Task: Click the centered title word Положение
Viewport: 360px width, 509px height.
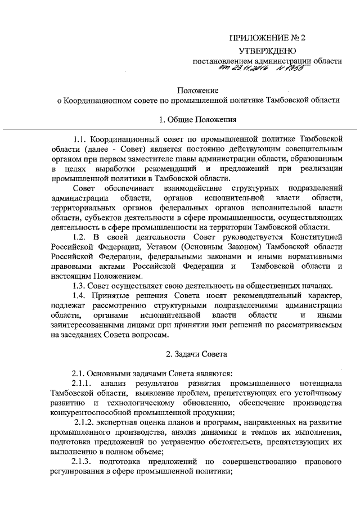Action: [x=197, y=89]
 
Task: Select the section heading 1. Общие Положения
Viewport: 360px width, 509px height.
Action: [x=197, y=119]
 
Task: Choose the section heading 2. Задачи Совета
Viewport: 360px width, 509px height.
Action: [x=197, y=355]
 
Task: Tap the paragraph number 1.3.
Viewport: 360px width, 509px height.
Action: [x=79, y=286]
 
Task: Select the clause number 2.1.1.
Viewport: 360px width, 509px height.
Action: [x=82, y=382]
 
